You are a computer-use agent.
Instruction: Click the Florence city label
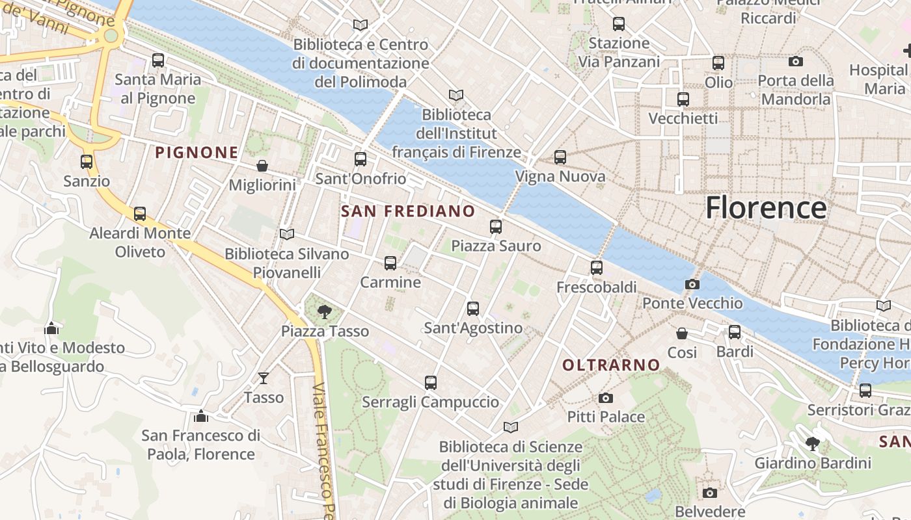pos(766,208)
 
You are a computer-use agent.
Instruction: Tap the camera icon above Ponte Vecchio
pos(692,284)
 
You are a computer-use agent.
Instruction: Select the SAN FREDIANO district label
pos(408,211)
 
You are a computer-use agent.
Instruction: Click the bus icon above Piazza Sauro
pos(496,227)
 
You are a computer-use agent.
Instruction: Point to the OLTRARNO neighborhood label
pos(611,365)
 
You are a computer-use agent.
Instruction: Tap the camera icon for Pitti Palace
pos(606,398)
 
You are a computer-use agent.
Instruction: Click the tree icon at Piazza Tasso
pos(324,312)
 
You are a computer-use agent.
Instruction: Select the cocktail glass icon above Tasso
pos(264,378)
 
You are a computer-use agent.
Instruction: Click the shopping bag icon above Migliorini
pos(262,166)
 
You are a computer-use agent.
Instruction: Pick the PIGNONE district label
pos(197,153)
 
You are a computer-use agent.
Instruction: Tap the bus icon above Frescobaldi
pos(596,268)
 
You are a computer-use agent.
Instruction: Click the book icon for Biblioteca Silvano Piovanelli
pos(286,234)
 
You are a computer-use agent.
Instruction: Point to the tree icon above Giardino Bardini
pos(812,444)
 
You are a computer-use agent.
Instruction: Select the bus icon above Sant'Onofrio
pos(360,159)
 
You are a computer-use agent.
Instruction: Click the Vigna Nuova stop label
pos(560,177)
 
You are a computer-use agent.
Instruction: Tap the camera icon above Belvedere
pos(710,493)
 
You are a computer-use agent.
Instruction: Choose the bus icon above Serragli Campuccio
pos(430,383)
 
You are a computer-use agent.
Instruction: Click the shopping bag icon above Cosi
pos(682,333)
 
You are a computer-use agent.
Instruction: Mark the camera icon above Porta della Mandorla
pos(795,62)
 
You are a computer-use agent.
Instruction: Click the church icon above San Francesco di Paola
pos(201,416)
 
